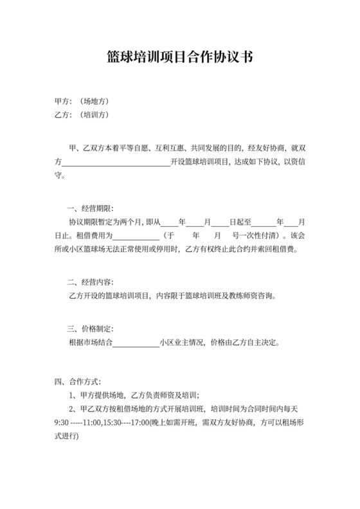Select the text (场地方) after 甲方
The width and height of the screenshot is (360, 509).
[94, 102]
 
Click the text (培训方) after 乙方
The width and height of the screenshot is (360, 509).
[94, 115]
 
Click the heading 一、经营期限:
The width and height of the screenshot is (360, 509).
[90, 209]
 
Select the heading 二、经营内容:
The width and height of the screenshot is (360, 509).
[90, 282]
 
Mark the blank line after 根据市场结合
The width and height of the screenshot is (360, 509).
[136, 342]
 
